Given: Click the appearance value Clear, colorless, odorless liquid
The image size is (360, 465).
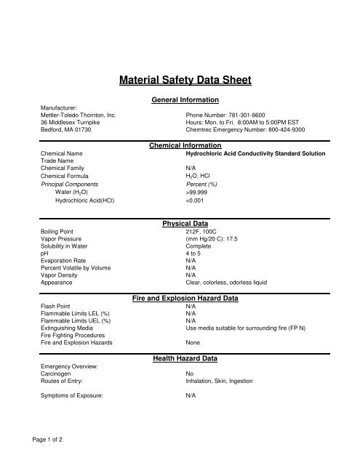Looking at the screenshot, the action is click(227, 283).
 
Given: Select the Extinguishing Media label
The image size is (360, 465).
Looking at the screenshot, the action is click(68, 328).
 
